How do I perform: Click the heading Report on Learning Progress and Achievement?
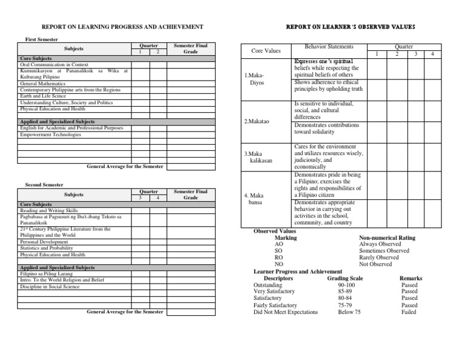point(121,27)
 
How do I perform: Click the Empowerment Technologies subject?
point(50,135)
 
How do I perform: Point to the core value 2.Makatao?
point(256,121)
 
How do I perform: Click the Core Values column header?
point(266,51)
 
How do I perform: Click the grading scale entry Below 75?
point(349,312)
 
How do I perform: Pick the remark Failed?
point(409,312)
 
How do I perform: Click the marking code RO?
point(279,258)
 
